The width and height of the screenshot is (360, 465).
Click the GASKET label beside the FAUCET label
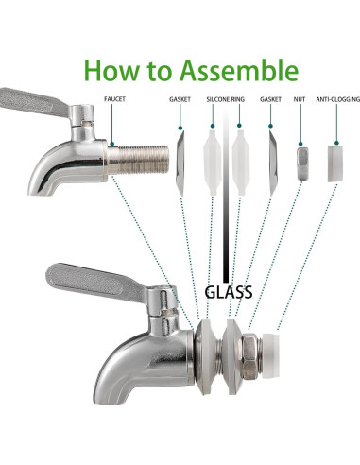pos(180,97)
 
